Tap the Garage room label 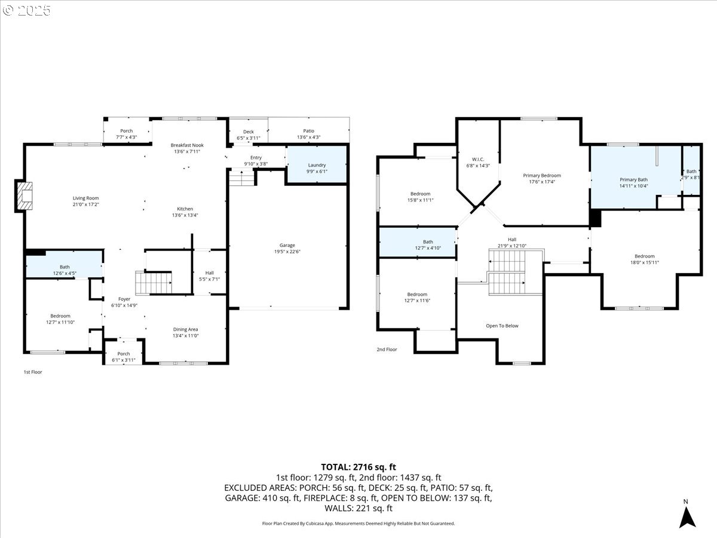point(287,245)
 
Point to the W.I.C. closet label point(477,158)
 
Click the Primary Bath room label point(633,179)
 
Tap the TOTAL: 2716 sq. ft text point(358,467)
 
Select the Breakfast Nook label point(187,145)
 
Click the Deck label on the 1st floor point(249,132)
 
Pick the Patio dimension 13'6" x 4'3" point(308,137)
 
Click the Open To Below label point(502,326)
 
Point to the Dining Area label point(185,329)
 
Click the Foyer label point(124,299)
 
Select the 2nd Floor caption point(387,349)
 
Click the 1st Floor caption point(33,372)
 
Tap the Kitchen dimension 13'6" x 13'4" point(185,215)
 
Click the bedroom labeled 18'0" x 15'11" point(644,259)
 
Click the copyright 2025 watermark point(27,10)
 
